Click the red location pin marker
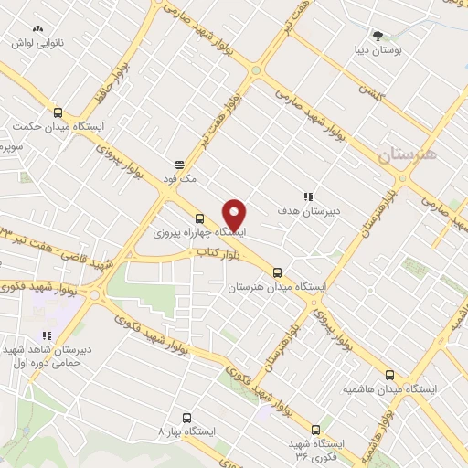[x=235, y=215]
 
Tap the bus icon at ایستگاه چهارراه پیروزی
[x=199, y=218]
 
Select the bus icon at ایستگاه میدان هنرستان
[x=278, y=272]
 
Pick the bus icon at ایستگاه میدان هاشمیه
[x=390, y=375]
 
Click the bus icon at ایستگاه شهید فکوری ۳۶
[x=316, y=429]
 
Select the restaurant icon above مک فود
[x=180, y=165]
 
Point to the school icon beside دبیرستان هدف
[x=308, y=196]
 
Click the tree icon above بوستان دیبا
[x=378, y=33]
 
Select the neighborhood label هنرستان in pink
[x=408, y=154]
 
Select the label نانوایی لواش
[x=36, y=44]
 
